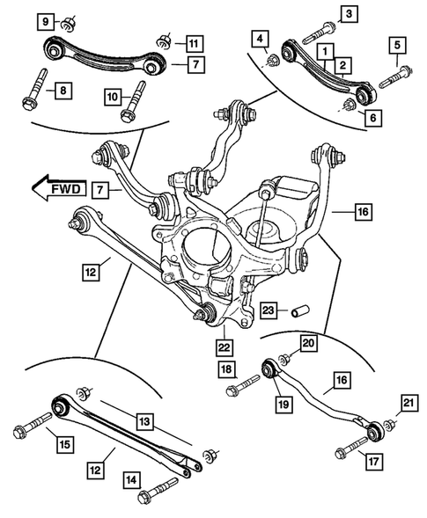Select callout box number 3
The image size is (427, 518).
350,13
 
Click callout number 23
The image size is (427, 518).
269,310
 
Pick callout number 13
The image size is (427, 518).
144,421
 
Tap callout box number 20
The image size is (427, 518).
307,343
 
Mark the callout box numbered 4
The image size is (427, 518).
260,39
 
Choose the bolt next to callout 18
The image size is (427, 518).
244,384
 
